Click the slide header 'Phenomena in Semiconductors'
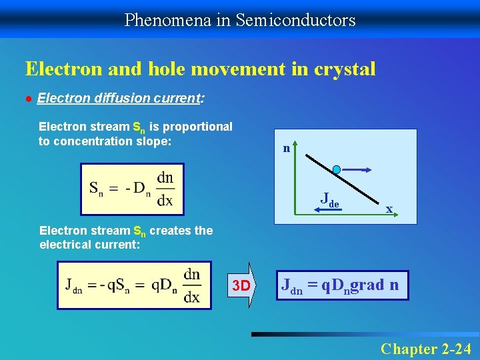pyautogui.click(x=240, y=20)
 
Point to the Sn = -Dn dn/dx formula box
pyautogui.click(x=131, y=189)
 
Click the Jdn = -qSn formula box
pyautogui.click(x=133, y=285)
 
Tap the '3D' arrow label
pyautogui.click(x=241, y=287)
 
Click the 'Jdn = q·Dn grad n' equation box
pyautogui.click(x=340, y=285)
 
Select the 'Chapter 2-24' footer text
pyautogui.click(x=425, y=348)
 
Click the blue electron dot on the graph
pyautogui.click(x=337, y=169)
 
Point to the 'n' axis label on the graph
pyautogui.click(x=286, y=148)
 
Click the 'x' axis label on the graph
pyautogui.click(x=389, y=209)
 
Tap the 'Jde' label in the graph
pyautogui.click(x=329, y=198)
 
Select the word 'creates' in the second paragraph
pyautogui.click(x=171, y=231)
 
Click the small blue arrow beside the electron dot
pyautogui.click(x=359, y=169)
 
